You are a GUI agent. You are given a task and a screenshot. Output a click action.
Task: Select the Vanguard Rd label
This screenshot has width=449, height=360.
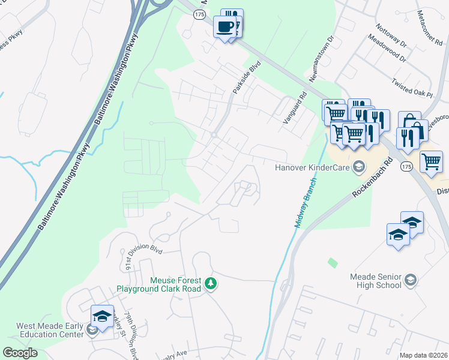[295, 108]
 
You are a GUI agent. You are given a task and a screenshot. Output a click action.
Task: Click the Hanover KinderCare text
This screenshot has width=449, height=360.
[312, 167]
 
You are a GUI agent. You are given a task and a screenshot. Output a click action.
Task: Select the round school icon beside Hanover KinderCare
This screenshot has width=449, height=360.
[358, 166]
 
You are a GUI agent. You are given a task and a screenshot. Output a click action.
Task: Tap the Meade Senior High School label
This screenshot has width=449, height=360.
[376, 281]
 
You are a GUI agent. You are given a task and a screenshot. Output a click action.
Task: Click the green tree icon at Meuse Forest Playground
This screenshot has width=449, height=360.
[210, 283]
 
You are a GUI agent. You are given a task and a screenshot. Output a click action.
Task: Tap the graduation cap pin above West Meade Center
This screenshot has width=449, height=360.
[102, 316]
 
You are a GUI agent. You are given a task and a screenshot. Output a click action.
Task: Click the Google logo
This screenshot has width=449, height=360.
[20, 353]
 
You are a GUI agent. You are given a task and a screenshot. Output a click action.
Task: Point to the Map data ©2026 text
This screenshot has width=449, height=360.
[424, 355]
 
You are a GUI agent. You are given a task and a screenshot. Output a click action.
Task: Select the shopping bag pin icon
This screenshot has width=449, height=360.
[409, 122]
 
